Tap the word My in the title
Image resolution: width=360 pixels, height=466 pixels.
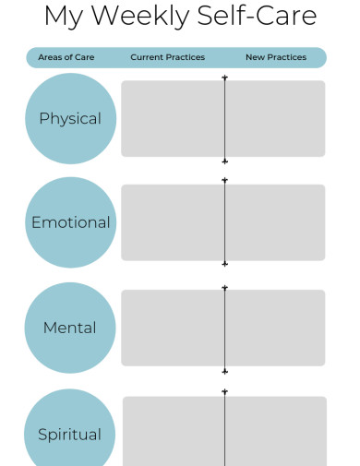click(x=63, y=16)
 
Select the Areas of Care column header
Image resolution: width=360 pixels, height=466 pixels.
click(x=66, y=57)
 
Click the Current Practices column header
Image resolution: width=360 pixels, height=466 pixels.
click(x=167, y=57)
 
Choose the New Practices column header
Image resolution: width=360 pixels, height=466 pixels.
click(x=275, y=57)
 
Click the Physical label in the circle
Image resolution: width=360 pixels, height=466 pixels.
click(x=70, y=118)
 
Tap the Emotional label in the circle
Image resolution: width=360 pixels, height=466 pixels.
click(x=70, y=222)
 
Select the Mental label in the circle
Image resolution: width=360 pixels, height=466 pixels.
click(x=70, y=328)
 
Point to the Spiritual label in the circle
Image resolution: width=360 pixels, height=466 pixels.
click(x=70, y=434)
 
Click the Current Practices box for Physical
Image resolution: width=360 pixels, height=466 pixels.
click(x=173, y=118)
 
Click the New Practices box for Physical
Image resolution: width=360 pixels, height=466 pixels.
click(x=275, y=118)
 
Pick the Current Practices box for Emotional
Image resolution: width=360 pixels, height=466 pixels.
click(x=173, y=222)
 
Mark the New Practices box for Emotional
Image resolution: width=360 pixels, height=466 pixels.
click(x=275, y=222)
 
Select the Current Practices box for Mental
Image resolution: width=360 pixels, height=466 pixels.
click(x=173, y=328)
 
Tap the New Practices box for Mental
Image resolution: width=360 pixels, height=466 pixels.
click(x=275, y=328)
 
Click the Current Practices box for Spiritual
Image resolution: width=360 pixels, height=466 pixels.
click(x=174, y=432)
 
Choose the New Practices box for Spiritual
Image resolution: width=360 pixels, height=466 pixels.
click(x=276, y=432)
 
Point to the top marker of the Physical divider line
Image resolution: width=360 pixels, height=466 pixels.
click(x=224, y=78)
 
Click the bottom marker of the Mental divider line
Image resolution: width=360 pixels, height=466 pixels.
click(x=224, y=371)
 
